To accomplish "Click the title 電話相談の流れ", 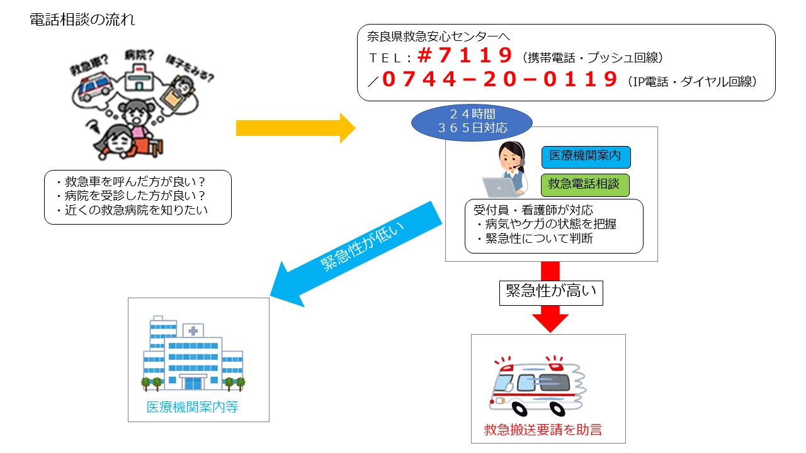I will (x=82, y=20).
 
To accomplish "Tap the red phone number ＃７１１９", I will (x=466, y=57).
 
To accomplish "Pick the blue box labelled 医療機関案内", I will (x=586, y=157).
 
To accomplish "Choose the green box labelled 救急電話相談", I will (x=585, y=185).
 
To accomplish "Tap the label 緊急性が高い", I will (x=551, y=292).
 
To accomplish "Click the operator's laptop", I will (x=502, y=187).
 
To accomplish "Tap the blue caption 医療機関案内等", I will (x=193, y=407).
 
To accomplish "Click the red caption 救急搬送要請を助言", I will (x=543, y=430).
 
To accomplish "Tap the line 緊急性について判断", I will (x=535, y=239).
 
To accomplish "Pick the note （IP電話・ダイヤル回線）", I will (x=692, y=82).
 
